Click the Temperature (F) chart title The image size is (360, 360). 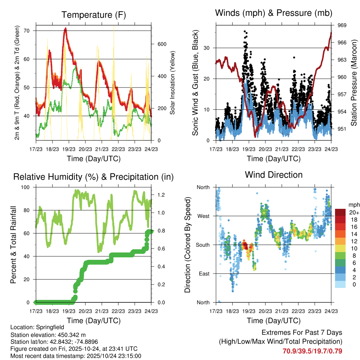click(94, 15)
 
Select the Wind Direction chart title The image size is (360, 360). click(274, 174)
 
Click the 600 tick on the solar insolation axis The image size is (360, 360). click(157, 44)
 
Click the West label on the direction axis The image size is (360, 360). click(203, 216)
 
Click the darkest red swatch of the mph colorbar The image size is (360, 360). click(340, 212)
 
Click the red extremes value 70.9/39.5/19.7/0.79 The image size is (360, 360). click(312, 351)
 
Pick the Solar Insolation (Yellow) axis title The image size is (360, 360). click(173, 83)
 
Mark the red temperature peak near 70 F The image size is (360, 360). click(65, 29)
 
